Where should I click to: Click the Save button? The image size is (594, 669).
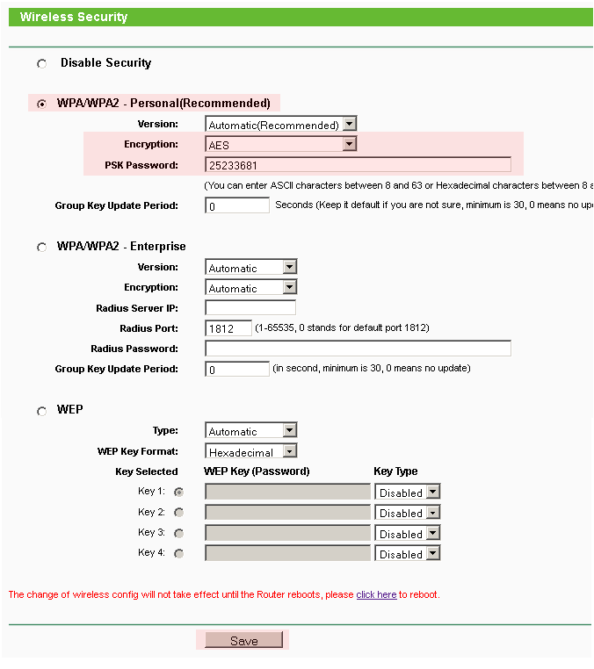(243, 641)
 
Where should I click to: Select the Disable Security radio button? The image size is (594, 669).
(41, 64)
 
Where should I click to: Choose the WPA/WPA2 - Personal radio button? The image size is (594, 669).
(41, 104)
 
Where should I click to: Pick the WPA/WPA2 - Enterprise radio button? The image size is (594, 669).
(41, 248)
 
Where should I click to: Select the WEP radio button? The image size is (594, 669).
(41, 411)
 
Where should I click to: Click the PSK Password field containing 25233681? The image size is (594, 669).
(358, 165)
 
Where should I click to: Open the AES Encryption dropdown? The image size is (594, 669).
(280, 145)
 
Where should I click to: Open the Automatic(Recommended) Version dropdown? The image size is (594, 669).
(280, 125)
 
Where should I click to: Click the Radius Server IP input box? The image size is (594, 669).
(250, 308)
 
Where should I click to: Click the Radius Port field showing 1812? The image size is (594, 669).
(228, 328)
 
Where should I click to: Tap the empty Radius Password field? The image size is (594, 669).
(358, 349)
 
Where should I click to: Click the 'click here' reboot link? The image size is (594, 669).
(376, 594)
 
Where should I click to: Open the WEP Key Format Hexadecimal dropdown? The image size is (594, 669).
(251, 452)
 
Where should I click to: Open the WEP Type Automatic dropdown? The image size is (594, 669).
(251, 431)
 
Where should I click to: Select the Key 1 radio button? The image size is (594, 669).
(179, 493)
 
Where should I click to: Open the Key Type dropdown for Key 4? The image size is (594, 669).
(407, 554)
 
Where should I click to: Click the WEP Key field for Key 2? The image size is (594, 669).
(287, 513)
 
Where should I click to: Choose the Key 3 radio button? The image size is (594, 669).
(179, 533)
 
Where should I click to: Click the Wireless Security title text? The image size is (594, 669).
(74, 17)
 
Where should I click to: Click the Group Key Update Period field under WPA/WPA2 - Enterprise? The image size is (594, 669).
(237, 370)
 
